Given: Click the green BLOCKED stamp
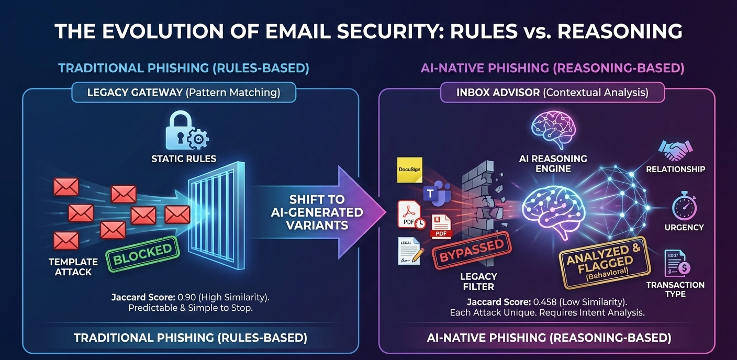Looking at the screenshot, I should pos(143,255).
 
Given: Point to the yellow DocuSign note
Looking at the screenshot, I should pos(410,169).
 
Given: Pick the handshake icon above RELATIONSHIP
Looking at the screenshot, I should pos(675,150).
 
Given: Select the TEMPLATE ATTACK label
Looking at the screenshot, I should pos(73,266).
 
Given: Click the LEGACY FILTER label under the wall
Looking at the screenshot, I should pos(478,281).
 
